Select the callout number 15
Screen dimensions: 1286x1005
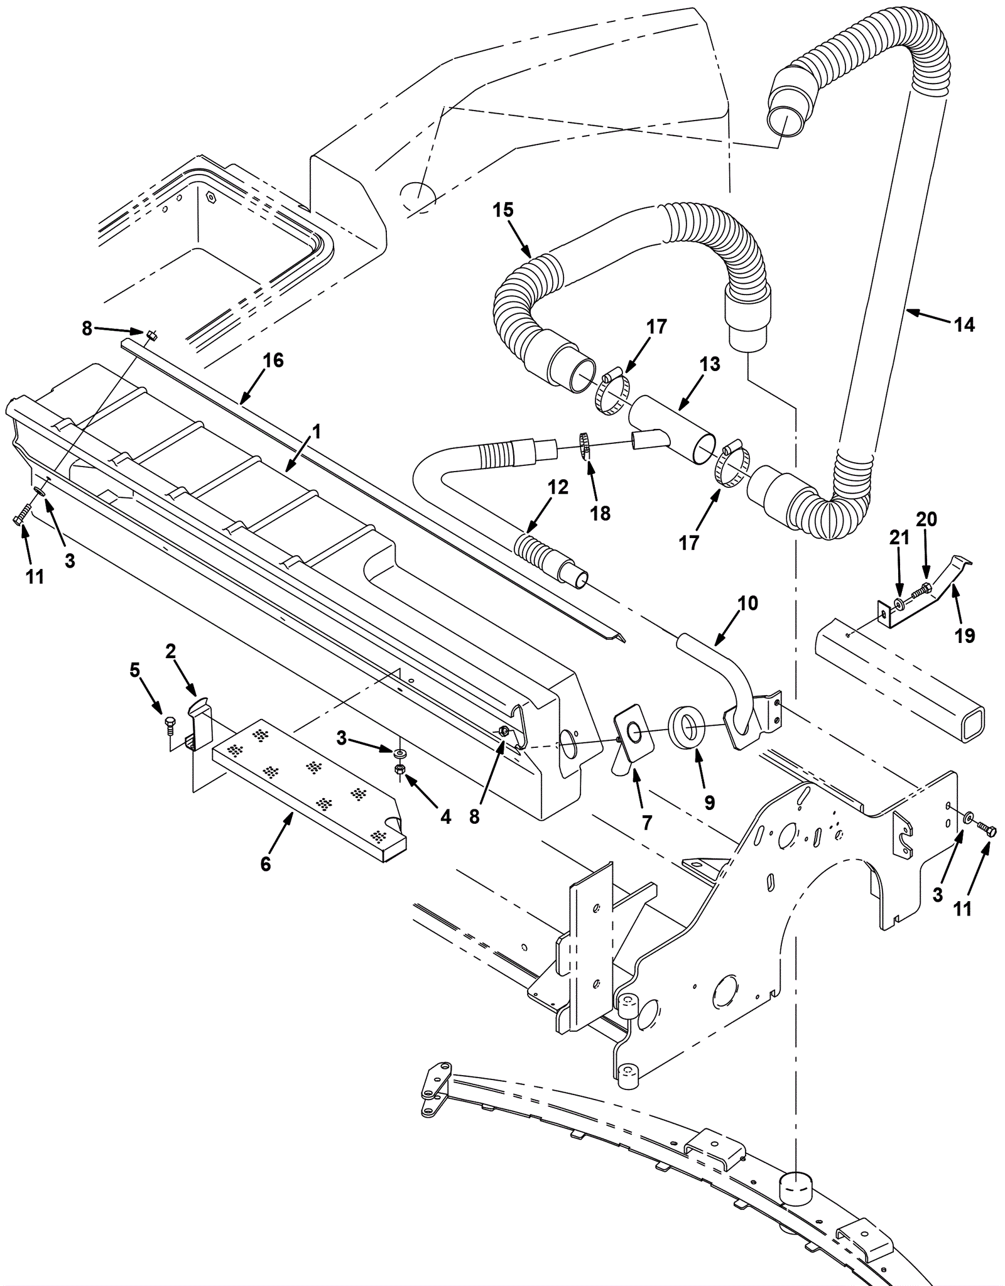pos(503,210)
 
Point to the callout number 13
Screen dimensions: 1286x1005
pos(710,364)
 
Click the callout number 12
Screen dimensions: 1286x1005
pos(557,487)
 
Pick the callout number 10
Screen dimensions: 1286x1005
pos(748,603)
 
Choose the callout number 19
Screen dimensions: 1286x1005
pos(965,635)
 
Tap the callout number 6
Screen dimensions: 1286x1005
pos(266,864)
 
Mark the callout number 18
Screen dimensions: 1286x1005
pos(600,514)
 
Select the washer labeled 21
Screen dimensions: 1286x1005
pos(899,603)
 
